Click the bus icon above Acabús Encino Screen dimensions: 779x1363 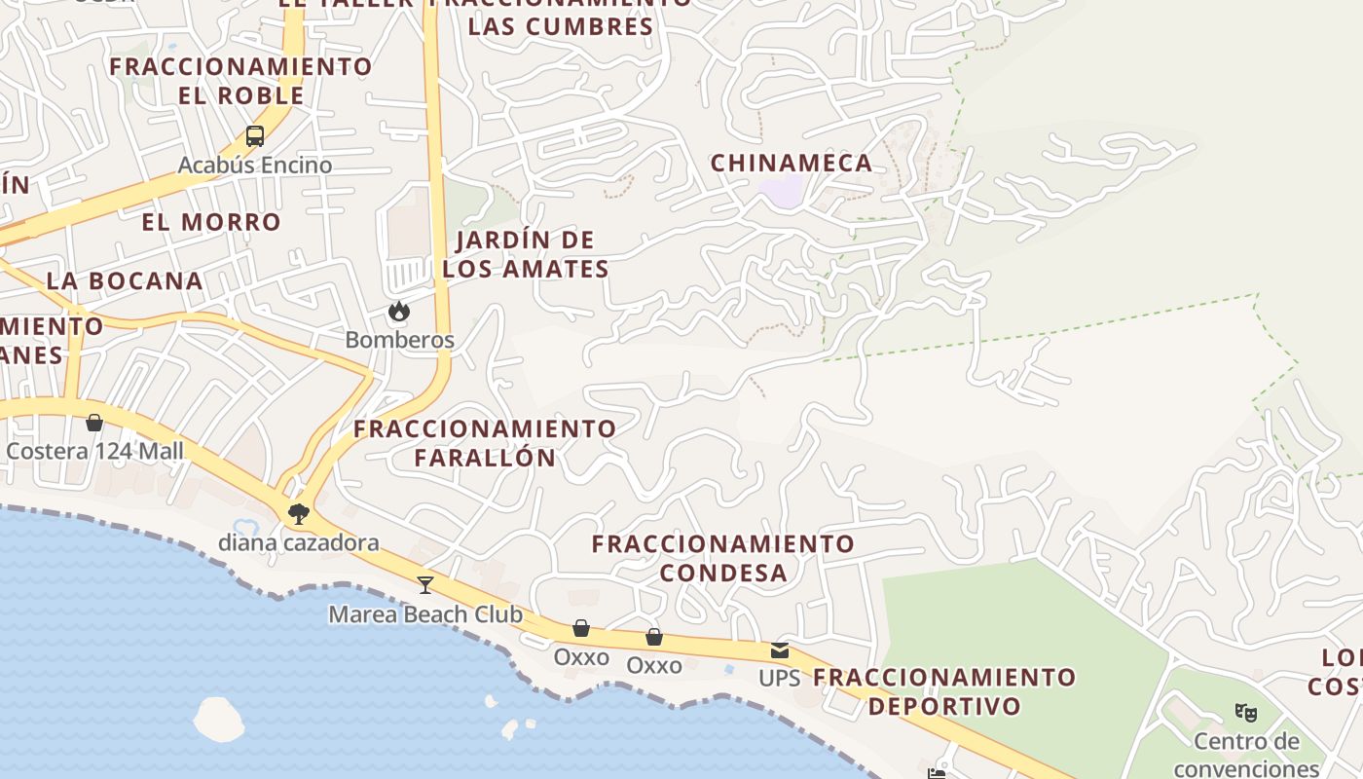click(255, 136)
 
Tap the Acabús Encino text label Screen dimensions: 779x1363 click(255, 165)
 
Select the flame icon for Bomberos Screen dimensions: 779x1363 click(398, 312)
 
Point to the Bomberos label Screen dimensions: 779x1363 click(400, 340)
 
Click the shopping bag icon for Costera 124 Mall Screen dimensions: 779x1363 click(94, 423)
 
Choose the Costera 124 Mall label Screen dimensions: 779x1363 click(94, 451)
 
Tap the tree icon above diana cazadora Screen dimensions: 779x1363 click(298, 513)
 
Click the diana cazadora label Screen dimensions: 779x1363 click(298, 542)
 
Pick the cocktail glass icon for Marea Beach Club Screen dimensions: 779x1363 click(425, 584)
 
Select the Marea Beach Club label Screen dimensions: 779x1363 click(425, 614)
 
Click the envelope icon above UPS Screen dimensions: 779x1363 click(780, 649)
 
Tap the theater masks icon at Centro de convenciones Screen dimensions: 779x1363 click(1246, 712)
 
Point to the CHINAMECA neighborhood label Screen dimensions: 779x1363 click(792, 163)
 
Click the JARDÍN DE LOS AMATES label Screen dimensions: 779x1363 click(526, 254)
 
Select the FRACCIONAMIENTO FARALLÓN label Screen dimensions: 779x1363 click(485, 443)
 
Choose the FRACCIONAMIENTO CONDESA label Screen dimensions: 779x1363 click(723, 558)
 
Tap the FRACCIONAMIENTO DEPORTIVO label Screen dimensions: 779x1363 click(944, 691)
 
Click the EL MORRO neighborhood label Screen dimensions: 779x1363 click(211, 222)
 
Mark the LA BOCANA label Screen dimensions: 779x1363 click(125, 280)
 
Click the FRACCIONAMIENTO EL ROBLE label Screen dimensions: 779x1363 click(240, 81)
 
